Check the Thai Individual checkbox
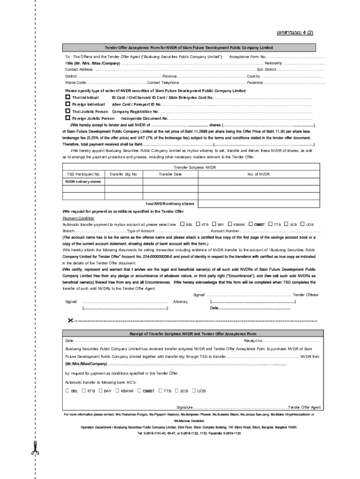(x=67, y=97)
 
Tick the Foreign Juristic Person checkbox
(x=67, y=118)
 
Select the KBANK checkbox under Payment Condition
(x=230, y=224)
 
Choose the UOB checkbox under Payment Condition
(x=302, y=224)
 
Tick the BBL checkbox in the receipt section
(x=67, y=391)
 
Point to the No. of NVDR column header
(x=259, y=174)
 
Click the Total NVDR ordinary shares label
(x=169, y=204)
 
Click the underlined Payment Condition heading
(x=79, y=218)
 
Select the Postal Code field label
(x=75, y=82)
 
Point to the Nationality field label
(x=274, y=63)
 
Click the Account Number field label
(x=225, y=231)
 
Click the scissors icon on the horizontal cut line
(x=70, y=320)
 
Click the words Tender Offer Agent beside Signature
(x=304, y=407)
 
